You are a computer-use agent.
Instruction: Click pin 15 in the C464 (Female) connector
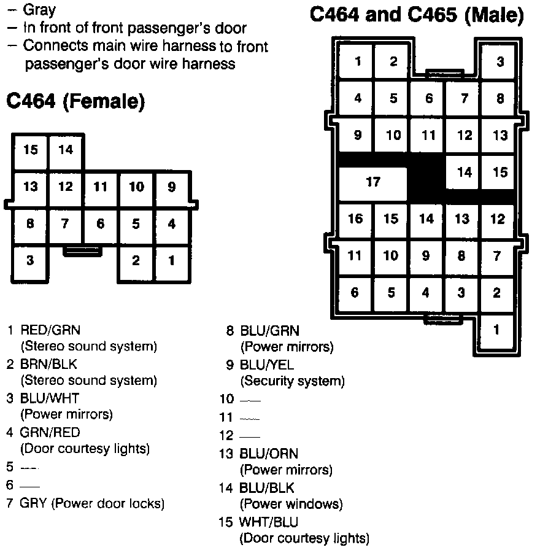point(30,150)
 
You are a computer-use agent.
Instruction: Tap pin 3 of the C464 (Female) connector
point(30,260)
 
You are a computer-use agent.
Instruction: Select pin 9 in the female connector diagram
point(171,187)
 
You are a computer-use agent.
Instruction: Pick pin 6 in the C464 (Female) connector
point(101,223)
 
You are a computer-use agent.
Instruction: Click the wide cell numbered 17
point(373,182)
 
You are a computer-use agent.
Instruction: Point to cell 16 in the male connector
point(355,219)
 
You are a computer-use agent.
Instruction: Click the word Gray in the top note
point(39,10)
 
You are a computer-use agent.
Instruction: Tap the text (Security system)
point(293,381)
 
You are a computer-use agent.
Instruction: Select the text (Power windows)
point(291,505)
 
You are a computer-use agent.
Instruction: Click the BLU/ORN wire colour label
point(269,454)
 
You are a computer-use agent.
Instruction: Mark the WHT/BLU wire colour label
point(269,522)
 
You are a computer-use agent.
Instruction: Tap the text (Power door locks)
point(109,504)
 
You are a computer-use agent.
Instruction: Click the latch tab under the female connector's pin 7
point(83,252)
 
